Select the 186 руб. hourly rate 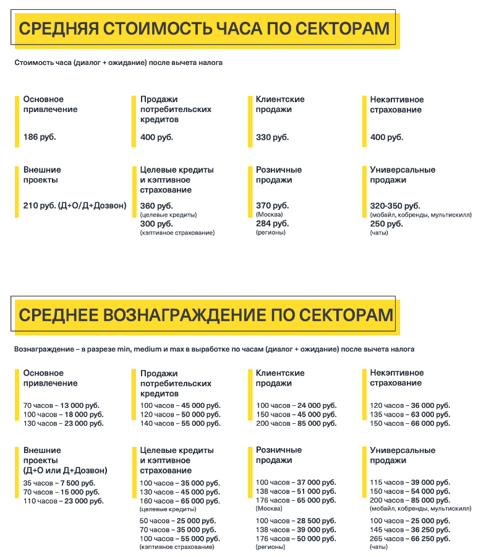pos(40,137)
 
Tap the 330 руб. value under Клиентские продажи pos(272,137)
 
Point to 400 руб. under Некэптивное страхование pos(386,137)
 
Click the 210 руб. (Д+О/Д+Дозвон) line pos(75,205)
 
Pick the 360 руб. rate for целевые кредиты pos(156,205)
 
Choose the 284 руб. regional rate pos(272,223)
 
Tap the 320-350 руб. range pos(394,205)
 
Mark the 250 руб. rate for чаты pos(386,223)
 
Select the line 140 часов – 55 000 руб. pos(180,423)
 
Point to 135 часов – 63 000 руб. pos(410,415)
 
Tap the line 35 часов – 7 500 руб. pos(59,483)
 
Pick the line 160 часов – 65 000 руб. pos(180,501)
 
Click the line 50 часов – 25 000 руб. pos(177,520)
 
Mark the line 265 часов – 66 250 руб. pos(410,538)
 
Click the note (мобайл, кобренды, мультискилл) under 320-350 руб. pos(420,215)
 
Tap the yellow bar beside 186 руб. pos(17,121)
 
